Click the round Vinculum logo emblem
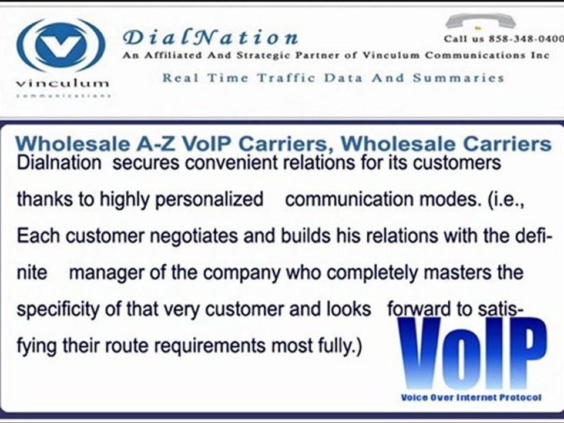[x=61, y=45]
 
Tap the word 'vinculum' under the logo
[x=62, y=83]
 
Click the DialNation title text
[x=210, y=38]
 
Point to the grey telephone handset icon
[x=480, y=22]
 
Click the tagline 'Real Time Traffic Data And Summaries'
[x=333, y=78]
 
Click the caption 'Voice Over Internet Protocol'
[x=471, y=398]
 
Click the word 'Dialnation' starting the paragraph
[x=59, y=163]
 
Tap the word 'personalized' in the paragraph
[x=209, y=200]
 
